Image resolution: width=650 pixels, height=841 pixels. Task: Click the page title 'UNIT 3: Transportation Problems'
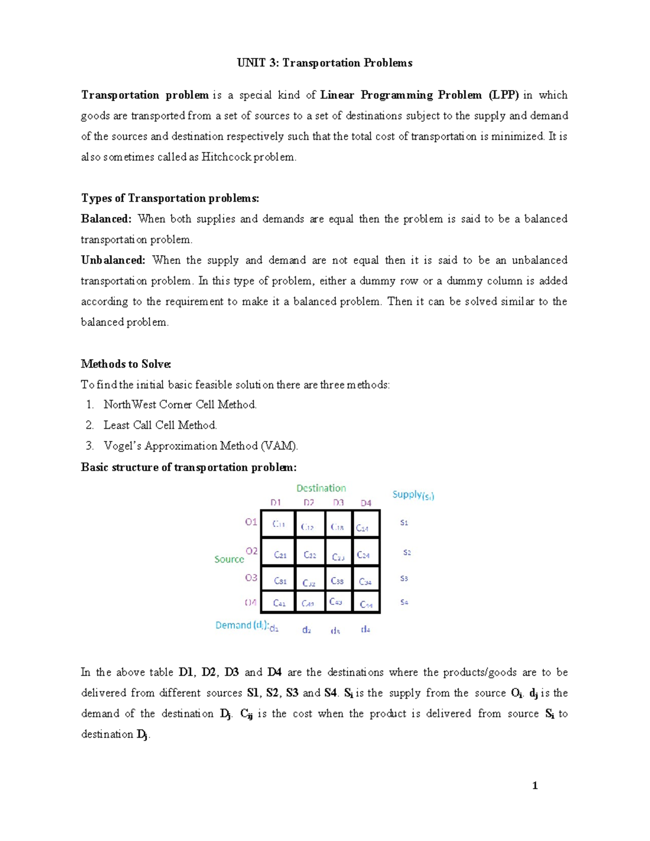(324, 63)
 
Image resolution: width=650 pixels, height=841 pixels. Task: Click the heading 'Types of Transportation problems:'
(170, 198)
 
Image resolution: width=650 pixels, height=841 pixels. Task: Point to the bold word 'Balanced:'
(106, 219)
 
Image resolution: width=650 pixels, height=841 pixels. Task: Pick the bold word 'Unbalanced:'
(113, 260)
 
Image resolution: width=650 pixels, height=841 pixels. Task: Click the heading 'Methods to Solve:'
(126, 364)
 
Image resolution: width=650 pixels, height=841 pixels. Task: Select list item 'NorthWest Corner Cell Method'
(180, 405)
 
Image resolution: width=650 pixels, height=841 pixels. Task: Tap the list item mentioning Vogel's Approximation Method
(200, 446)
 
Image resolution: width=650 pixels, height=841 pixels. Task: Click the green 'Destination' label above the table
(321, 488)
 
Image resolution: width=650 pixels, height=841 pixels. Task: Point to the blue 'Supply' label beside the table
(413, 494)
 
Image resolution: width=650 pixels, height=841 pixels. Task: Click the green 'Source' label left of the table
(229, 559)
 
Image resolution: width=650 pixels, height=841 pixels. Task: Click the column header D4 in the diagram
(366, 503)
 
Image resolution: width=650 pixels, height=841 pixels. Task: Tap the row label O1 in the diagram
(251, 522)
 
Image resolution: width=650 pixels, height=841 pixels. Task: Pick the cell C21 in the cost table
(280, 555)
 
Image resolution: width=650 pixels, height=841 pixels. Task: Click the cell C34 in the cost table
(365, 582)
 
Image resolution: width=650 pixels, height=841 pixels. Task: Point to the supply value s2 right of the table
(407, 552)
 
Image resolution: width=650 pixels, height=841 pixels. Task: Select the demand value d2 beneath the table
(307, 630)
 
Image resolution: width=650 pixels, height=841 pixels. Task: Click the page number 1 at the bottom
(535, 786)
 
